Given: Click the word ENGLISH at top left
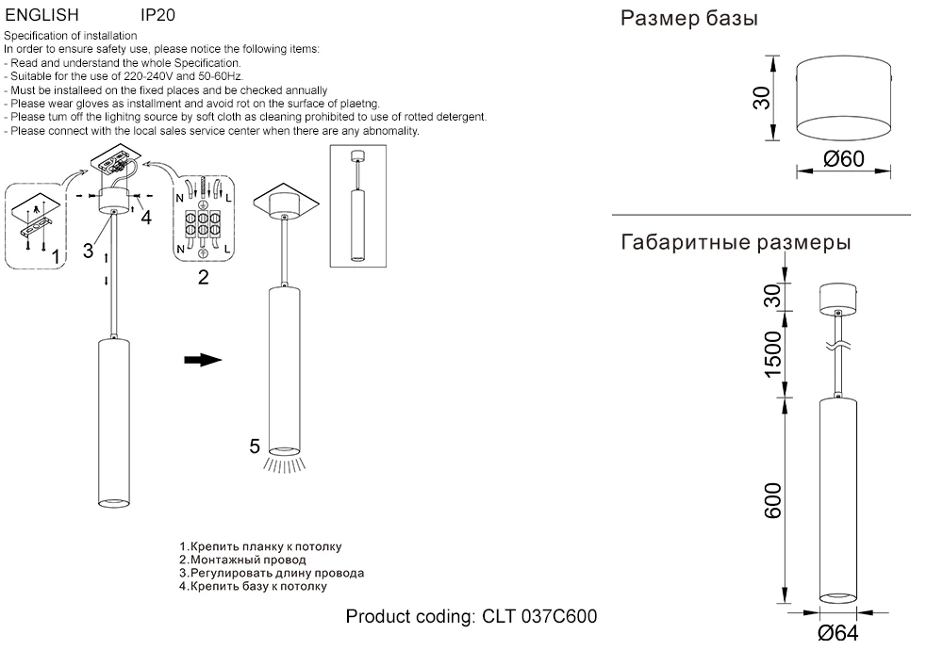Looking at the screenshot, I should (42, 15).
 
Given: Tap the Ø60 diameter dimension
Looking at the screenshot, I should (844, 158).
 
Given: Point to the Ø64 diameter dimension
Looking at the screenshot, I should (838, 632).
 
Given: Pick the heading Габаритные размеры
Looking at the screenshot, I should (736, 243).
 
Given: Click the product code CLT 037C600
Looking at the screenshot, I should (471, 617).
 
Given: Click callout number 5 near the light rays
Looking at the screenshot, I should (255, 447).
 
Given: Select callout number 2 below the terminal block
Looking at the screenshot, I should (203, 276).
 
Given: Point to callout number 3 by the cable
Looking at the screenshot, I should (88, 250).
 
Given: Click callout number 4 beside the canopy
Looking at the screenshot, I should (145, 218).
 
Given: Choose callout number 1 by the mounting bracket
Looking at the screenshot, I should (56, 255).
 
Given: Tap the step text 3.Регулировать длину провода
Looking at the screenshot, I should (272, 573).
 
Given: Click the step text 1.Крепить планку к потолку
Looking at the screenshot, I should (260, 546).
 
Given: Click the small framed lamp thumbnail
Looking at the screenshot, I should (357, 203).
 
